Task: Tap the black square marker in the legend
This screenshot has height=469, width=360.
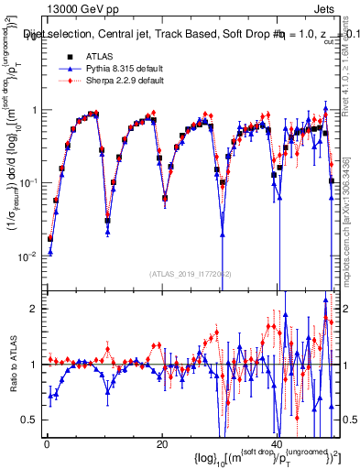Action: tap(58, 56)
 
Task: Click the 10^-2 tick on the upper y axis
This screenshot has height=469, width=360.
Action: tap(29, 256)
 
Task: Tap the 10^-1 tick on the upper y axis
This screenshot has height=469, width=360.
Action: tap(29, 182)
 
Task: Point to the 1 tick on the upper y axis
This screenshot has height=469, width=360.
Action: tap(35, 110)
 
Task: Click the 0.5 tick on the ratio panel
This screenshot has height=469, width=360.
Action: tap(31, 420)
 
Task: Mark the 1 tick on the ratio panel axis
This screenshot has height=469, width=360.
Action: tap(36, 365)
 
